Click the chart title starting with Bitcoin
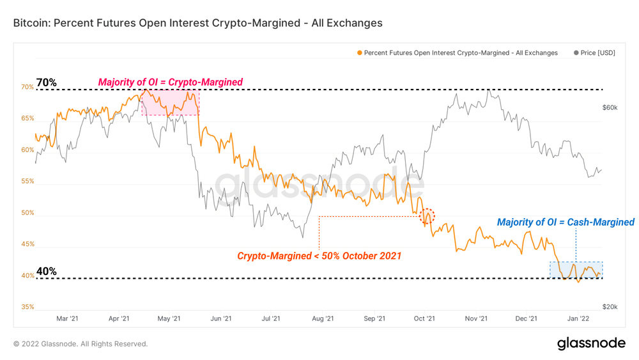[197, 23]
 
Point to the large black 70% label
[47, 82]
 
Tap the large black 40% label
[47, 271]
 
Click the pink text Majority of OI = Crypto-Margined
[170, 82]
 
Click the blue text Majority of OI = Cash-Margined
[566, 223]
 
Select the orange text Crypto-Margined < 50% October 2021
[319, 256]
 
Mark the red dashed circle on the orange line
[426, 217]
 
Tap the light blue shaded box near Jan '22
[575, 269]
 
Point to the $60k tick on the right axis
[610, 108]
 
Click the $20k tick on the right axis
[610, 307]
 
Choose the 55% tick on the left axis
[27, 182]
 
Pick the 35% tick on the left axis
[27, 307]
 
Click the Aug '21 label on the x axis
[323, 318]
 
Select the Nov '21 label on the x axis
[475, 318]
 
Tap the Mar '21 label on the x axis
[67, 318]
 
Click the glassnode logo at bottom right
[591, 343]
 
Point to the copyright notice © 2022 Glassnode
[81, 344]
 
